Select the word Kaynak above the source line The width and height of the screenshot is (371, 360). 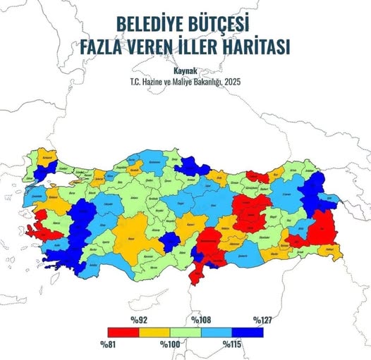tap(185, 70)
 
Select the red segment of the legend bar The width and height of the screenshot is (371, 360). tap(122, 333)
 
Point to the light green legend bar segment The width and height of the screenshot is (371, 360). tap(184, 333)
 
